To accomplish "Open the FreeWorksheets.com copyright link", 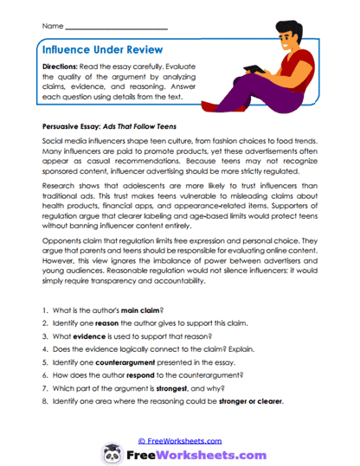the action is (179, 440).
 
